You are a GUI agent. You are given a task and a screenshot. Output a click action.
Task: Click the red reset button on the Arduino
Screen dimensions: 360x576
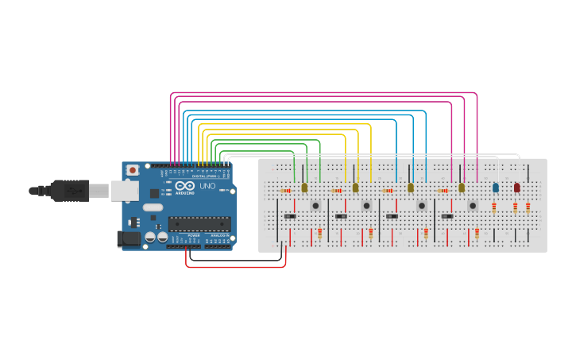132,169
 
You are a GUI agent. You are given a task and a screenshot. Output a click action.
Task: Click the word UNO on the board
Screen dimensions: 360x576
207,186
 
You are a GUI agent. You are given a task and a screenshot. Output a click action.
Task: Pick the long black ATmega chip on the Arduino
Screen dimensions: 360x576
199,224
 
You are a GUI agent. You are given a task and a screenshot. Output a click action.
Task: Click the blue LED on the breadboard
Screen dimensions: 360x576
495,188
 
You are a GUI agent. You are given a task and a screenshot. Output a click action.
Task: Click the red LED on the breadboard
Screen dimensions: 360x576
516,188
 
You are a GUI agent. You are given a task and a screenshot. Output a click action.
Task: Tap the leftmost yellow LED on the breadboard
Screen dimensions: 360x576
304,188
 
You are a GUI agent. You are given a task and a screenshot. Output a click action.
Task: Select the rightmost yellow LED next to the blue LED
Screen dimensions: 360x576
462,188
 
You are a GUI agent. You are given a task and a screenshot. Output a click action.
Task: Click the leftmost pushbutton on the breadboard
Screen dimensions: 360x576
315,205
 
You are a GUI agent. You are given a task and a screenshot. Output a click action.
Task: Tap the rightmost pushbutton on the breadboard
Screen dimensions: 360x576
473,205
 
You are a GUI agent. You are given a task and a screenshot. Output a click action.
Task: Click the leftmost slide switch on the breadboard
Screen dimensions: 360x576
290,216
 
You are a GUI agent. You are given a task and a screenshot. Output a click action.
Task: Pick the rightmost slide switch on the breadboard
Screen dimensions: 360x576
447,216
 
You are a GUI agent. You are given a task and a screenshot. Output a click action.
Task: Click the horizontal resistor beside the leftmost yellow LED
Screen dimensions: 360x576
286,191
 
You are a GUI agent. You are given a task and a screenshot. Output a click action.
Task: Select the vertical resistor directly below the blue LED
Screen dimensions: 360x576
494,208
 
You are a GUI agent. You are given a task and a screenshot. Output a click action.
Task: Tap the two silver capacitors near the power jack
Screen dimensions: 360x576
156,237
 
